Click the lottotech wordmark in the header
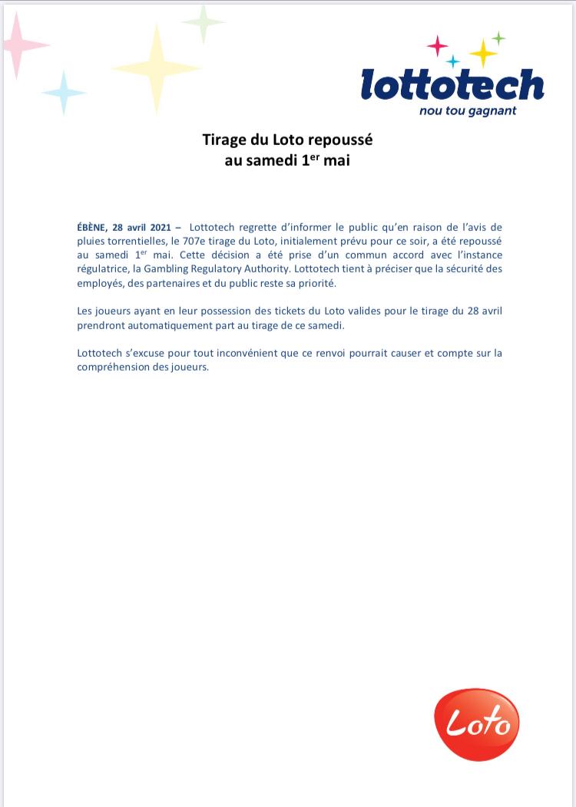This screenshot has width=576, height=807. click(452, 85)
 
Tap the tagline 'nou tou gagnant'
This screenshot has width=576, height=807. click(468, 111)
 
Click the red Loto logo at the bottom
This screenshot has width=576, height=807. click(477, 723)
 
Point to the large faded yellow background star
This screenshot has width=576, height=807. click(157, 68)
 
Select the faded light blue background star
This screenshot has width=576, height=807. click(64, 93)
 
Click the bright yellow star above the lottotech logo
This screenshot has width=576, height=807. click(484, 52)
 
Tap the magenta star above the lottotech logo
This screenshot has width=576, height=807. click(438, 46)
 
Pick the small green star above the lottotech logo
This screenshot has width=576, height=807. click(498, 37)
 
